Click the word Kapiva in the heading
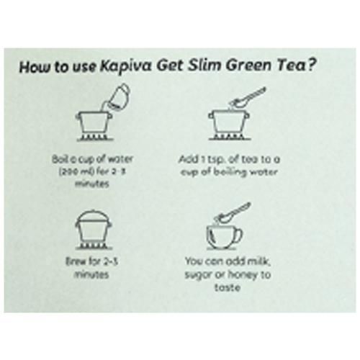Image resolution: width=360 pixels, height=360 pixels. pyautogui.click(x=125, y=66)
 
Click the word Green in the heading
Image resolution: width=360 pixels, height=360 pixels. pyautogui.click(x=250, y=66)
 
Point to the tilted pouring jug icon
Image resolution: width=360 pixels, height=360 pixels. pyautogui.click(x=117, y=96)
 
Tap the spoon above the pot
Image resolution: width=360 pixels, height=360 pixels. pyautogui.click(x=247, y=98)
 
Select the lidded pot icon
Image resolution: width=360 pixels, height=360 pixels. pyautogui.click(x=94, y=230)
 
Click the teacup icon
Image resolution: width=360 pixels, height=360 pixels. pyautogui.click(x=225, y=237)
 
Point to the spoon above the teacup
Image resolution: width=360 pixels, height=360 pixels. pyautogui.click(x=233, y=212)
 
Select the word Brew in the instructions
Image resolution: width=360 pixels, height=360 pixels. pyautogui.click(x=74, y=261)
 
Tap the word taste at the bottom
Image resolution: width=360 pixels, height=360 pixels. pyautogui.click(x=227, y=287)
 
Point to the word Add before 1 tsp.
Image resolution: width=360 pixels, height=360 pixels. pyautogui.click(x=189, y=159)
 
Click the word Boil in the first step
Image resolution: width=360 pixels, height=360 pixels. pyautogui.click(x=58, y=159)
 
